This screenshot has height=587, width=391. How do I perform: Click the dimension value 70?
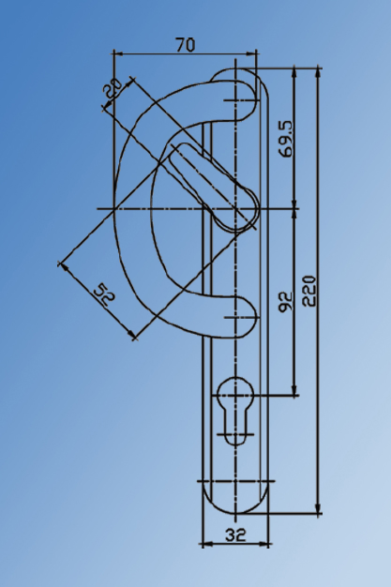[186, 43]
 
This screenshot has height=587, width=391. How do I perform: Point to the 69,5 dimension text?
[286, 138]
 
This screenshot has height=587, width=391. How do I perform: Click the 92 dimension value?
[286, 300]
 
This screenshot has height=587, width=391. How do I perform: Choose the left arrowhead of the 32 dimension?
[205, 544]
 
